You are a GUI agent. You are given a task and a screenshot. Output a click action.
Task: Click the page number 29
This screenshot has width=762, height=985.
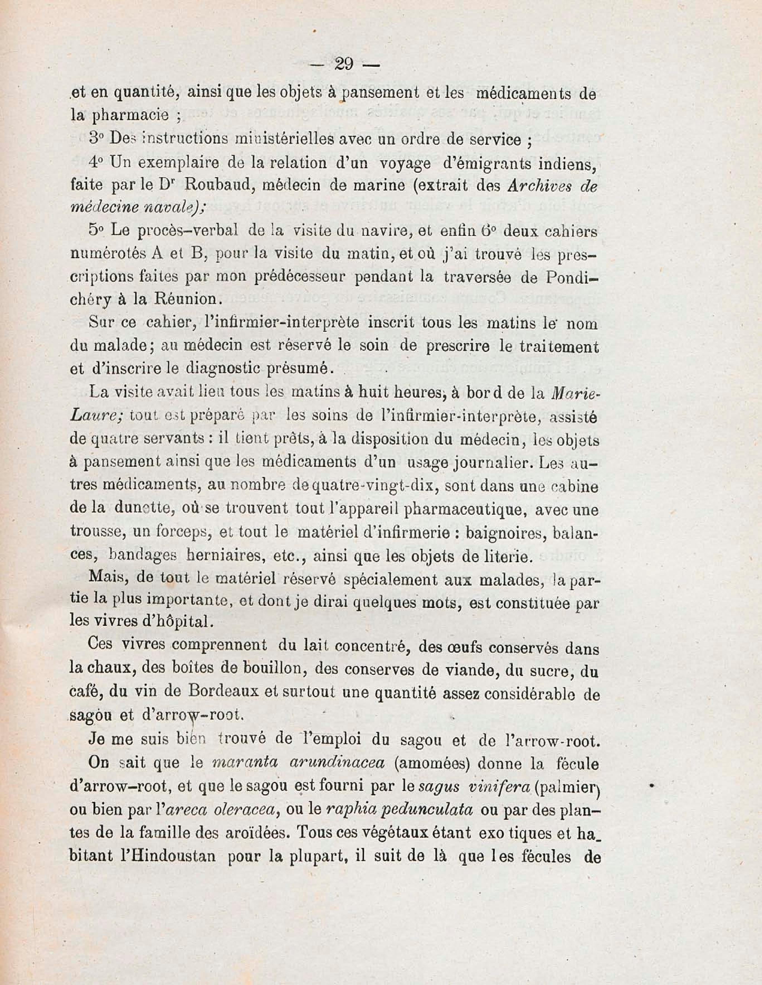click(x=344, y=64)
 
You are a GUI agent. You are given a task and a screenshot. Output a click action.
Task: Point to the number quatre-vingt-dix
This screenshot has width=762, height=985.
click(x=356, y=487)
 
